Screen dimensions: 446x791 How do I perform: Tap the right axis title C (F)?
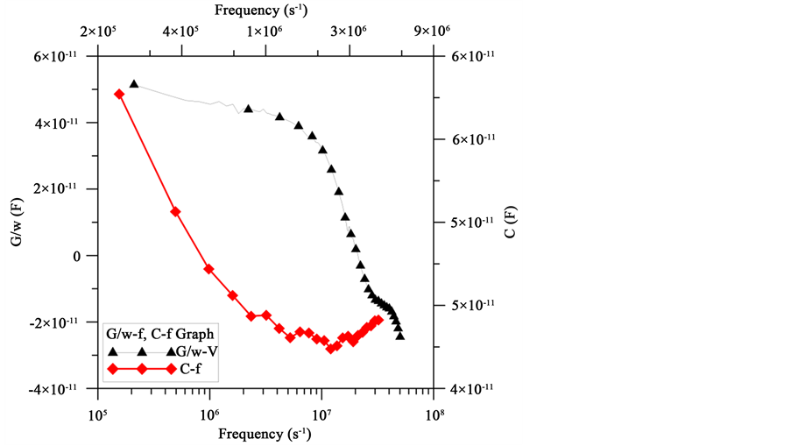512,223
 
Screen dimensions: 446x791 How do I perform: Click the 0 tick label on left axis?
81,256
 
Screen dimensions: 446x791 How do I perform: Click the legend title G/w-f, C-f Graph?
160,334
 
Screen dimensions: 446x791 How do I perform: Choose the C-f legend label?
191,370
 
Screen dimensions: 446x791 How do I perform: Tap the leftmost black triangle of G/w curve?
134,84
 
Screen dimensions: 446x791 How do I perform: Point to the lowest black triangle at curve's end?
400,335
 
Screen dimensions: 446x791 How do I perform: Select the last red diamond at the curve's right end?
378,320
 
